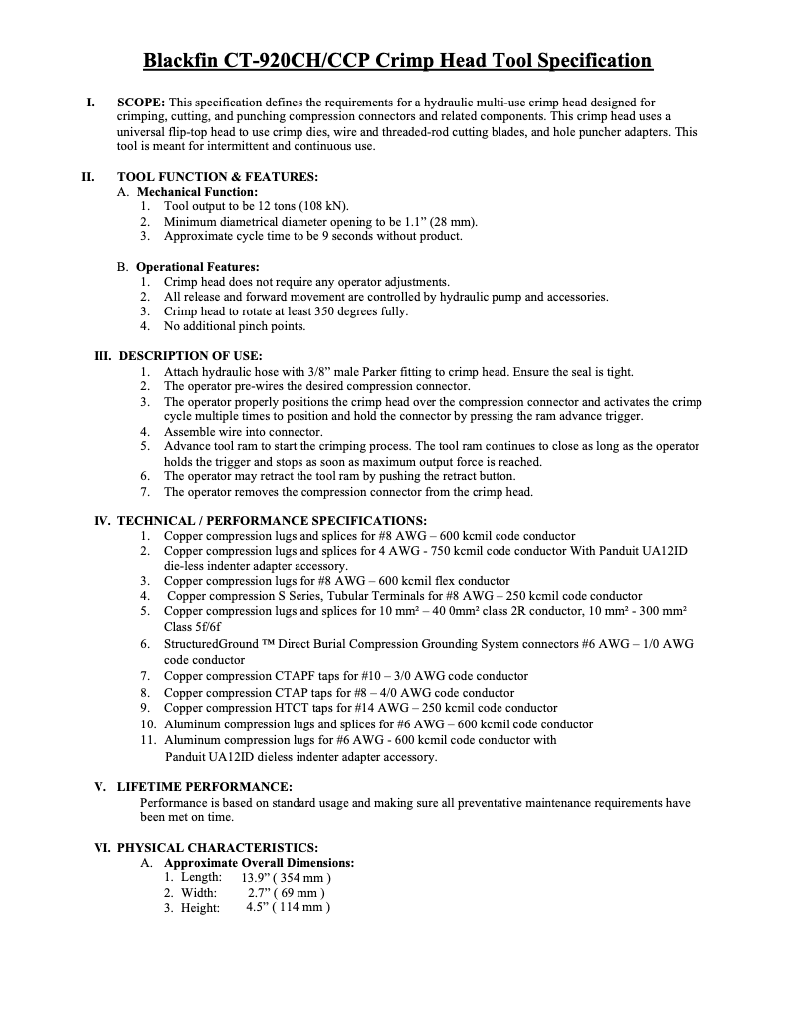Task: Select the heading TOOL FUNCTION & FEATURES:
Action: click(217, 177)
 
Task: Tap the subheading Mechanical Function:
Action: click(197, 191)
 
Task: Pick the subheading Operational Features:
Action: click(197, 267)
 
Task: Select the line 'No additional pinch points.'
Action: click(235, 326)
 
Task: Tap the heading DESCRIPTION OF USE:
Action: click(190, 356)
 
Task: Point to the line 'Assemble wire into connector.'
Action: click(243, 432)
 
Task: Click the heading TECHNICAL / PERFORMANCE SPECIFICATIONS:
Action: click(272, 520)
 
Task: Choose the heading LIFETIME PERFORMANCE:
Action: click(205, 786)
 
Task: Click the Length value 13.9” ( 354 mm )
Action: click(286, 878)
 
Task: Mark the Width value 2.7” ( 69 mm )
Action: click(286, 893)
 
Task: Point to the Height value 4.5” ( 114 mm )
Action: click(288, 908)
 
